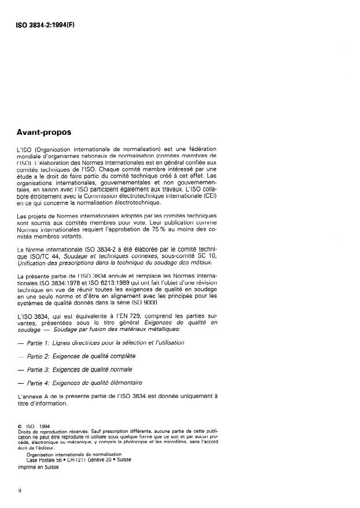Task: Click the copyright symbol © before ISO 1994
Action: pyautogui.click(x=20, y=428)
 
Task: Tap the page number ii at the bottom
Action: pyautogui.click(x=20, y=489)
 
